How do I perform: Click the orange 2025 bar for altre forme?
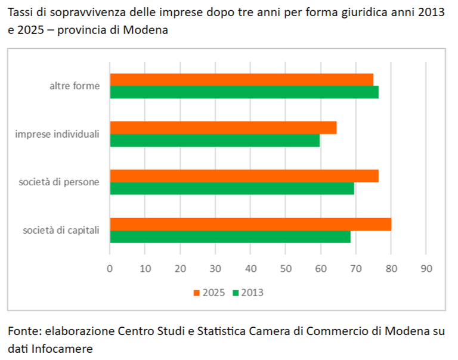point(242,79)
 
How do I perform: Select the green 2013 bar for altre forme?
point(244,92)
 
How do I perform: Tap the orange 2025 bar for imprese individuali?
point(223,128)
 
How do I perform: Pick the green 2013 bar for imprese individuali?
point(215,141)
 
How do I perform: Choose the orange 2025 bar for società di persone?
point(244,176)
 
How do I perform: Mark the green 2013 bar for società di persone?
point(232,189)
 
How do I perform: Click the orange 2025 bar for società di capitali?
point(250,224)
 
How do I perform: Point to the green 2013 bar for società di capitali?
point(230,237)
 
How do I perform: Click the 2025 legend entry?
point(209,293)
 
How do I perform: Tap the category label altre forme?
point(74,86)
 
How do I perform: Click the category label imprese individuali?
point(57,134)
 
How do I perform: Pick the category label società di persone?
point(58,182)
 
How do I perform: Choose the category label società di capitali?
point(61,230)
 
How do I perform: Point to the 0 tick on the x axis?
point(110,268)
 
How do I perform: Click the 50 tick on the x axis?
point(285,268)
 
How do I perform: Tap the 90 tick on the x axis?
point(426,268)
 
